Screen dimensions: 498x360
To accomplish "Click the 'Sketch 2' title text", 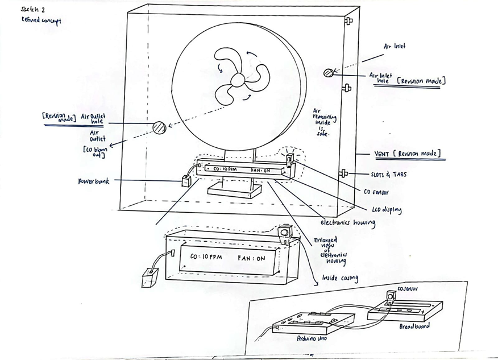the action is pos(32,10).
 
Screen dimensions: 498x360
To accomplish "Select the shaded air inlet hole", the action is pos(328,73).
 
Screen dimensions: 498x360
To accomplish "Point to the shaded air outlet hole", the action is pos(159,127).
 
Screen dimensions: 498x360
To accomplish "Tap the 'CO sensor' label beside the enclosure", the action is pos(376,192).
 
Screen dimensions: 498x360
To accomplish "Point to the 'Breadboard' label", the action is pos(414,326).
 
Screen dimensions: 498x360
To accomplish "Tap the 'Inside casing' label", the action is pos(340,278).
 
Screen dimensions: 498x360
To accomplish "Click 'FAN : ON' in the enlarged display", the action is pos(251,258).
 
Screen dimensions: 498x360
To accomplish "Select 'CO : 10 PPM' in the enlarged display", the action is pos(206,258).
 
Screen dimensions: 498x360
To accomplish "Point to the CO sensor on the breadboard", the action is pos(391,297).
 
